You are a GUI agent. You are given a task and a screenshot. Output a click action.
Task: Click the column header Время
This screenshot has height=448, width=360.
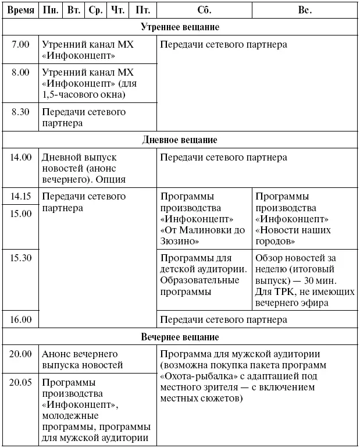(20, 10)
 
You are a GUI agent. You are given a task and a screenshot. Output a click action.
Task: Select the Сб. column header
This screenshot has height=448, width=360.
(204, 10)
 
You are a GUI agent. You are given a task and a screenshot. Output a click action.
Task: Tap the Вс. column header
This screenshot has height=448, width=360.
(305, 10)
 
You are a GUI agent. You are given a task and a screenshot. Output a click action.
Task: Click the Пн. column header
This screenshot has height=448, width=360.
(51, 10)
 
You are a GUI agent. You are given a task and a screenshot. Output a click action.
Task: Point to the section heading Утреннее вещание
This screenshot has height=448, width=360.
(180, 27)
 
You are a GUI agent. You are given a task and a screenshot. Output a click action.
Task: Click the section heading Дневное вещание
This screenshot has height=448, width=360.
(180, 140)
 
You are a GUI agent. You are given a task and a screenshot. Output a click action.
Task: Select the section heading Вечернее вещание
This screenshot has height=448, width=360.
(180, 337)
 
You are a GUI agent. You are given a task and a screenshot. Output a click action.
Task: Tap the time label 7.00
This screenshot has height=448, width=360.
(20, 44)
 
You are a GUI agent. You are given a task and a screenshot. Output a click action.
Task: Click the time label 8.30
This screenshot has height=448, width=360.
(20, 112)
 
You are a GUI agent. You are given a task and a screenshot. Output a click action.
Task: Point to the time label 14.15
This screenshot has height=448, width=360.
(20, 197)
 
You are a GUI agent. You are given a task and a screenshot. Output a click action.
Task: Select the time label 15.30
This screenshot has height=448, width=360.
(20, 258)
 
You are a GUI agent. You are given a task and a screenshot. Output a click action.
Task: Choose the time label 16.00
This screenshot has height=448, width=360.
(20, 319)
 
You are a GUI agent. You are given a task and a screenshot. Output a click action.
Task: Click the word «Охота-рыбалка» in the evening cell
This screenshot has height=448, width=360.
(191, 376)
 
